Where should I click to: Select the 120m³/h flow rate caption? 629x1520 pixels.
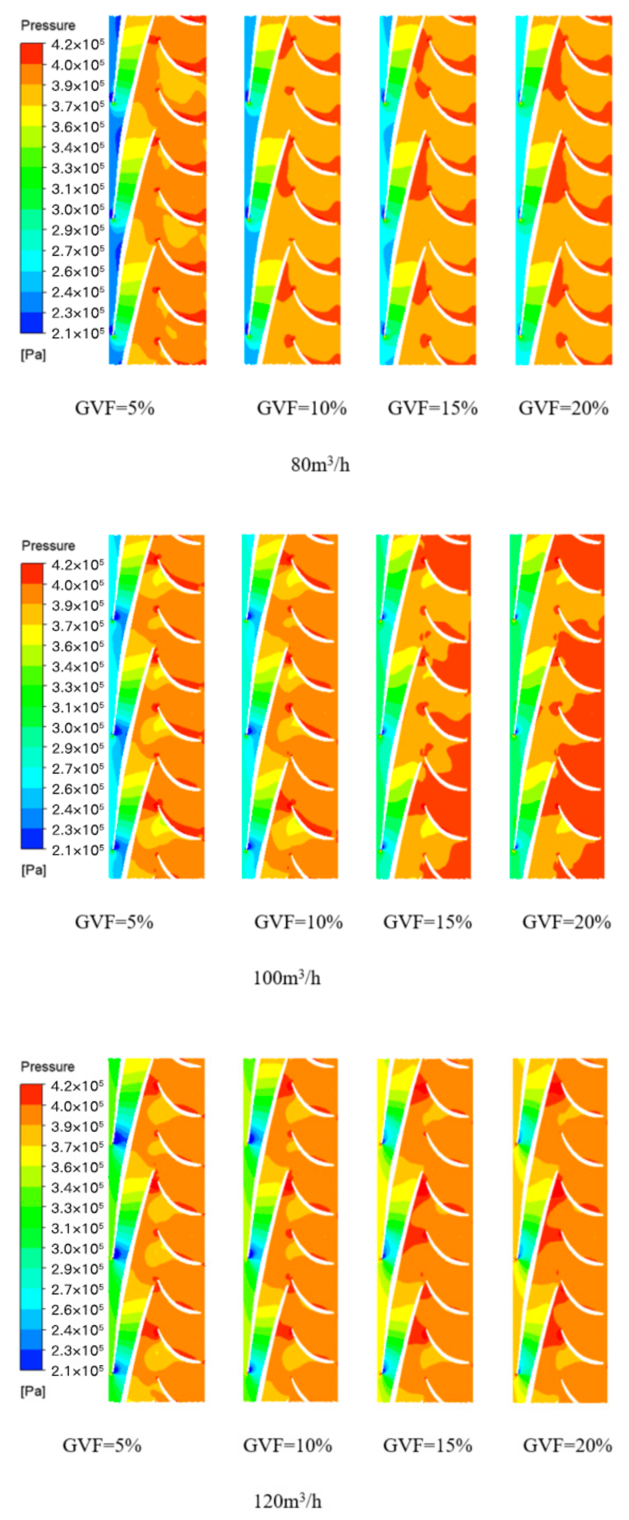point(287,1500)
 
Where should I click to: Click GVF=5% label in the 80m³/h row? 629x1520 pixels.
point(115,408)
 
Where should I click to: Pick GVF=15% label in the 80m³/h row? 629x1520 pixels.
point(432,408)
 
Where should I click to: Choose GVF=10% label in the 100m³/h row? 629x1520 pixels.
point(298,922)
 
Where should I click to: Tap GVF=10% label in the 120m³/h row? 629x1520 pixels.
point(287,1445)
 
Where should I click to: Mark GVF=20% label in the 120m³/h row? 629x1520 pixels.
point(567,1445)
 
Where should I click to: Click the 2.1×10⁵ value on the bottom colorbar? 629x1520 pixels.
point(77,1370)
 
